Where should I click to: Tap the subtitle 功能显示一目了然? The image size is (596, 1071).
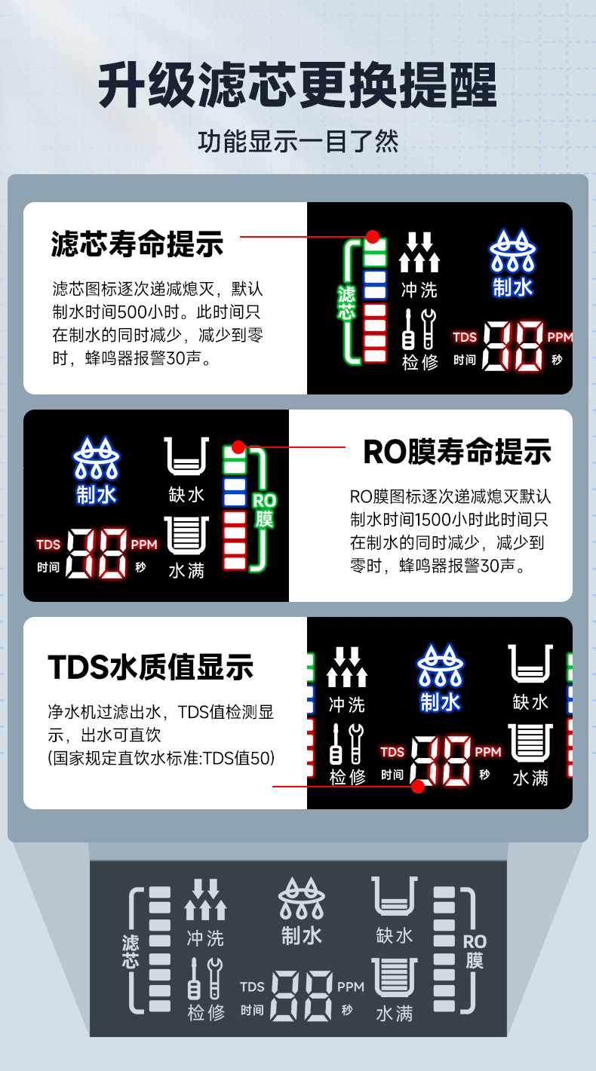pos(298,142)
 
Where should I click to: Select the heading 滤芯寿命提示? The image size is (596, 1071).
pos(137,244)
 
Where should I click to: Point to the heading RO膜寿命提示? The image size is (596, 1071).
pos(457,452)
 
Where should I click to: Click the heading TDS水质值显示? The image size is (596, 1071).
pos(150,667)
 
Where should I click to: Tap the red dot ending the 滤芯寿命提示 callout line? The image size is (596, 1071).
pos(372,236)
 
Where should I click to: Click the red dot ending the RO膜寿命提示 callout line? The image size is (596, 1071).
pos(238,447)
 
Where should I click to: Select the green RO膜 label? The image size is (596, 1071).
pos(263,510)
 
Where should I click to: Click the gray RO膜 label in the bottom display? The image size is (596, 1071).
pos(475,951)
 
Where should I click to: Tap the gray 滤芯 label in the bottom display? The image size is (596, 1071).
pos(131,951)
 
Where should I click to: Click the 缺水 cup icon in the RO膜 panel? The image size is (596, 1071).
pos(186,457)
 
